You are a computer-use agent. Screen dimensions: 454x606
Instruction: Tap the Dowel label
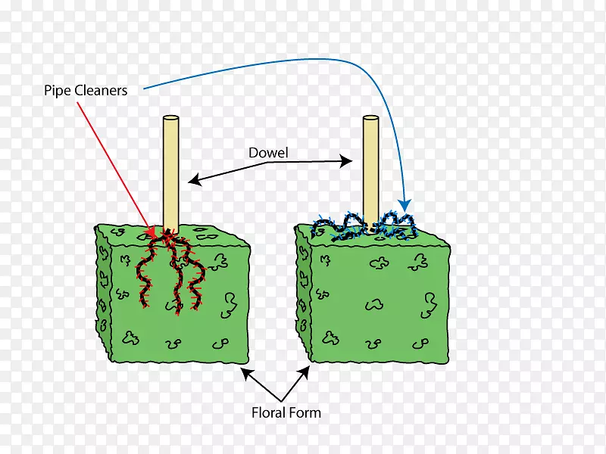[x=268, y=153]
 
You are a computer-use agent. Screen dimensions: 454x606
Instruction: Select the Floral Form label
[x=286, y=412]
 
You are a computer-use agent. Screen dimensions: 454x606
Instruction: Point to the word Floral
[x=269, y=412]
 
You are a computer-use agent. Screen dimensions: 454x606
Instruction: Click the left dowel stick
[x=170, y=174]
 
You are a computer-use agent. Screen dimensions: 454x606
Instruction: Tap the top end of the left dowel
[x=170, y=119]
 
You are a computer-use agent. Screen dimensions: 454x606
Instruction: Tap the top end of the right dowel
[x=370, y=119]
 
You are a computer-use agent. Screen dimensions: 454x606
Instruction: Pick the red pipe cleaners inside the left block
[x=170, y=272]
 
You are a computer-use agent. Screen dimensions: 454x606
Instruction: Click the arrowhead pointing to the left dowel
[x=194, y=179]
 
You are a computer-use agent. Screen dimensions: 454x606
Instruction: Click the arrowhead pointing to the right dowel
[x=348, y=160]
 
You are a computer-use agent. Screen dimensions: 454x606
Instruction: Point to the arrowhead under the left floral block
[x=245, y=372]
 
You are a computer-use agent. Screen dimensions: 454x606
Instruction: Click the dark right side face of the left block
[x=240, y=303]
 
